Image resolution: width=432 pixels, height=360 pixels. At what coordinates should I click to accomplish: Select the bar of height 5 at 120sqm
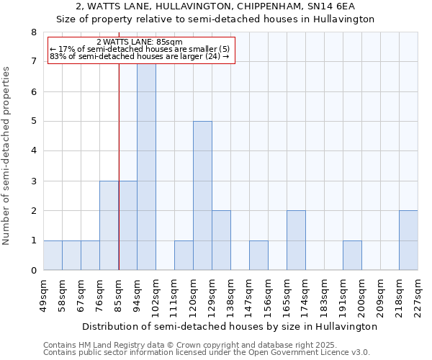202,196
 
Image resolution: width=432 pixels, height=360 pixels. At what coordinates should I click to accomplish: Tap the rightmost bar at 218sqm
408,240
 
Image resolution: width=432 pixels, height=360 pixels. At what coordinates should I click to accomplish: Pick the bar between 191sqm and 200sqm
352,256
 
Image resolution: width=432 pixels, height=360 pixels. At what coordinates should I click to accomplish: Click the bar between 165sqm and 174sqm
296,240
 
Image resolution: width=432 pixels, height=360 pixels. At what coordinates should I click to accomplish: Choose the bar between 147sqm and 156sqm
258,256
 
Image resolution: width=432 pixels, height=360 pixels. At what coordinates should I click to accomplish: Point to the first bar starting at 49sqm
53,256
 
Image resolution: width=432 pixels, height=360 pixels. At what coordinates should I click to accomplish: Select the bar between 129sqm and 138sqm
221,240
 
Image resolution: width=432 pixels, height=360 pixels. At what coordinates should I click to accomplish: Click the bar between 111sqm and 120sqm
184,256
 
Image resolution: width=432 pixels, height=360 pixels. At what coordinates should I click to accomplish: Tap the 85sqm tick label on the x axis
119,294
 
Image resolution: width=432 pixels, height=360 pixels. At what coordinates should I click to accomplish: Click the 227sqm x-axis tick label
418,294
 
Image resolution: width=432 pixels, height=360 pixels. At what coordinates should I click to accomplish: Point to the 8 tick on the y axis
33,32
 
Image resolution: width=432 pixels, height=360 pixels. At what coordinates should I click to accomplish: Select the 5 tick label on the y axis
33,122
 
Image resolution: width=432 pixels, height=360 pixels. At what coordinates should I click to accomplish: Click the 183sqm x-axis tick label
324,294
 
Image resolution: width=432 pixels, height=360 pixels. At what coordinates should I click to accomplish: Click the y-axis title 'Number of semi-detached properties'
7,156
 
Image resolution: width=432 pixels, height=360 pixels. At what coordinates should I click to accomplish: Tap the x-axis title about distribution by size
230,326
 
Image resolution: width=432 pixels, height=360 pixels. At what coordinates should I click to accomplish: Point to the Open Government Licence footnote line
207,352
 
